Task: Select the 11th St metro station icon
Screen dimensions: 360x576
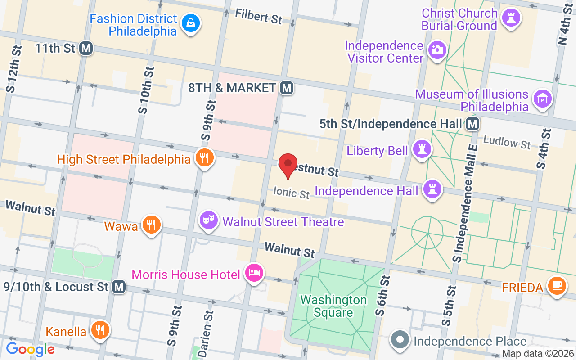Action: (86, 48)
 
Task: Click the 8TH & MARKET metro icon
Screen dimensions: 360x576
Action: (286, 88)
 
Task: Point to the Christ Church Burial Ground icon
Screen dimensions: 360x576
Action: (510, 18)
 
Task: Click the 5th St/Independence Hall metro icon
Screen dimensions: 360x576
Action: (472, 124)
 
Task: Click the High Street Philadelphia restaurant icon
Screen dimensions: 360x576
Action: (205, 158)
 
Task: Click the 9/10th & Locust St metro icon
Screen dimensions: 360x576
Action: (119, 286)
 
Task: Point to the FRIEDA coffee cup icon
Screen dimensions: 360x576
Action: (557, 286)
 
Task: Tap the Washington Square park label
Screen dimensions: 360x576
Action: (333, 306)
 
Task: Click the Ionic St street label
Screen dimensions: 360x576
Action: (292, 193)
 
